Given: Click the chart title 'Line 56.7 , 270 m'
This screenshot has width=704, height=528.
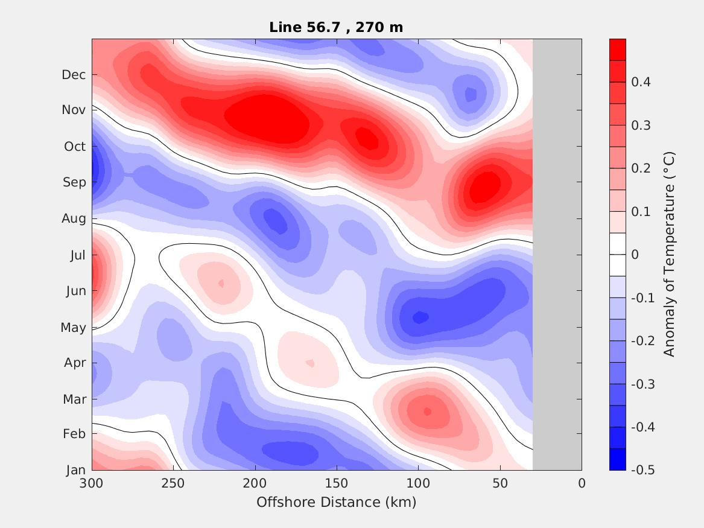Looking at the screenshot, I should click(x=336, y=27).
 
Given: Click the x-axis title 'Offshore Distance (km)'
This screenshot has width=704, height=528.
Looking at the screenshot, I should click(x=336, y=502).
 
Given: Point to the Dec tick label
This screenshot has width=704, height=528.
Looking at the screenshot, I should click(x=74, y=75).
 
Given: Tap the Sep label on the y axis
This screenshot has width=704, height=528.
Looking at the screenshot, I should click(x=74, y=182).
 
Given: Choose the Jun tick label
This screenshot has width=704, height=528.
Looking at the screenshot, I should click(x=75, y=291).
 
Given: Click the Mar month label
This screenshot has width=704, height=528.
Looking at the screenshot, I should click(x=75, y=399).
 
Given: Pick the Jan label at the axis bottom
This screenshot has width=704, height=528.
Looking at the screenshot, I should click(x=75, y=471).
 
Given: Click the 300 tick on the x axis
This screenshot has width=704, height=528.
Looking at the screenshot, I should click(x=92, y=483).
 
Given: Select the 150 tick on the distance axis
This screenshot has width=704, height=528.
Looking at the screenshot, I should click(x=337, y=483).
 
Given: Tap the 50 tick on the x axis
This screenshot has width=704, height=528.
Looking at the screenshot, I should click(x=500, y=483).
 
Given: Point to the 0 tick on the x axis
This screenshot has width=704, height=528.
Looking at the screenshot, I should click(x=582, y=483).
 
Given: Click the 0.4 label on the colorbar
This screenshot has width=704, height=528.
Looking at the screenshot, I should click(x=640, y=82).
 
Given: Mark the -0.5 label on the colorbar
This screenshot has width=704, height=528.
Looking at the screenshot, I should click(x=642, y=470).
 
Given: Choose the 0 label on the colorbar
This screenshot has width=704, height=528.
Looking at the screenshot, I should click(x=635, y=255).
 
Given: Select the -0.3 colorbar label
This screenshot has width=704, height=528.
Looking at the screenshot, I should click(x=642, y=384).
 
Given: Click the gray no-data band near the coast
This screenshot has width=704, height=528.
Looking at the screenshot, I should click(x=557, y=254).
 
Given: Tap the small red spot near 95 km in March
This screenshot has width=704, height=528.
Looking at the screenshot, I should click(x=427, y=412).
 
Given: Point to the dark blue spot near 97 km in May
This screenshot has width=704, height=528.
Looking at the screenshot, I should click(x=420, y=316).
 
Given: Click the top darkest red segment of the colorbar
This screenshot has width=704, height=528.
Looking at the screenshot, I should click(x=617, y=49).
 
